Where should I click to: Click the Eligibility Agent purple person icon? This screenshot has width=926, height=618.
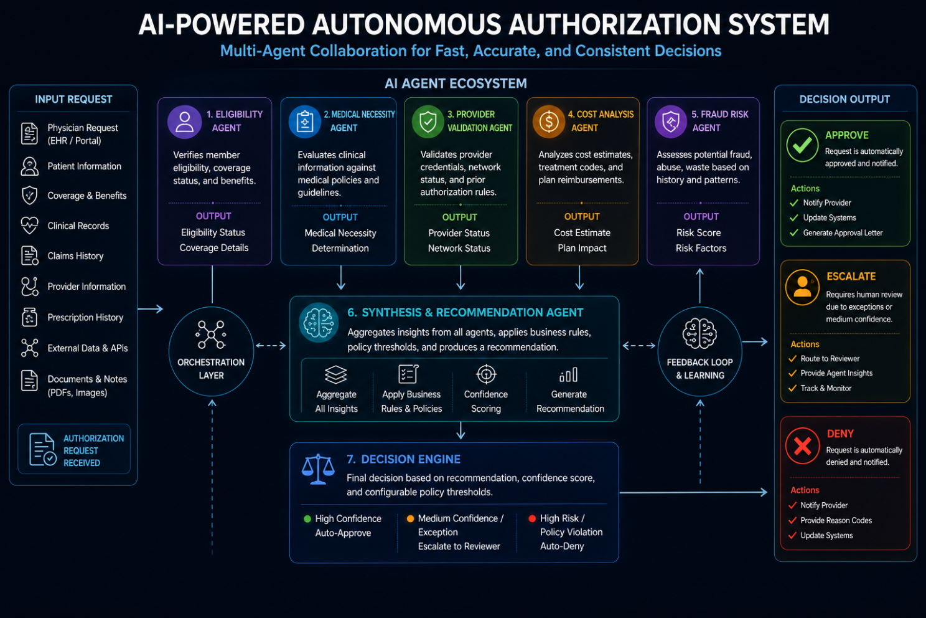point(184,121)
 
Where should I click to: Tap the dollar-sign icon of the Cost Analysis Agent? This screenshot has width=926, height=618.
point(549,121)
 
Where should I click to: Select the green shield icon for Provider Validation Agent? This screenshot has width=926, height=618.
point(428,121)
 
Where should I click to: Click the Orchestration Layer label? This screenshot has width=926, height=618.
point(211,369)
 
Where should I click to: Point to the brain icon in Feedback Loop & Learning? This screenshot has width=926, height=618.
point(699,333)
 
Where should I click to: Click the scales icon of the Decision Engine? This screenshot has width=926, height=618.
point(317,469)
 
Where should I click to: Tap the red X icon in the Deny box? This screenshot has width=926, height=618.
point(802,446)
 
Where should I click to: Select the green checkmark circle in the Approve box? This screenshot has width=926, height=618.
point(802,145)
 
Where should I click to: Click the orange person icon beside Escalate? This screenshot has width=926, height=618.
point(802,287)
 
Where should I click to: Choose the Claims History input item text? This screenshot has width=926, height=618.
point(75,256)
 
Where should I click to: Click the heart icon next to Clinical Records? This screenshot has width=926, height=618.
point(29,226)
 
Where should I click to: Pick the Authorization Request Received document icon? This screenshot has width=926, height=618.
point(43,450)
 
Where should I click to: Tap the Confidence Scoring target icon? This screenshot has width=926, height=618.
point(486,374)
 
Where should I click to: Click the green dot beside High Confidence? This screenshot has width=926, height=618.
point(307,519)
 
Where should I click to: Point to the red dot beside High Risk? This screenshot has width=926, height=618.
point(532,518)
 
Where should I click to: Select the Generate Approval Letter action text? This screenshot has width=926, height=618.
point(843,232)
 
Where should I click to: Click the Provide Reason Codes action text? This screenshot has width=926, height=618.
point(836,520)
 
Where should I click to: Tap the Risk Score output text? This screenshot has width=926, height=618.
point(699,232)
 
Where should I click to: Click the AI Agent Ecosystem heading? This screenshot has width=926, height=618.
point(456,83)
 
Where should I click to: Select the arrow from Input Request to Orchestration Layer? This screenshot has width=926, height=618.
point(151,309)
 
